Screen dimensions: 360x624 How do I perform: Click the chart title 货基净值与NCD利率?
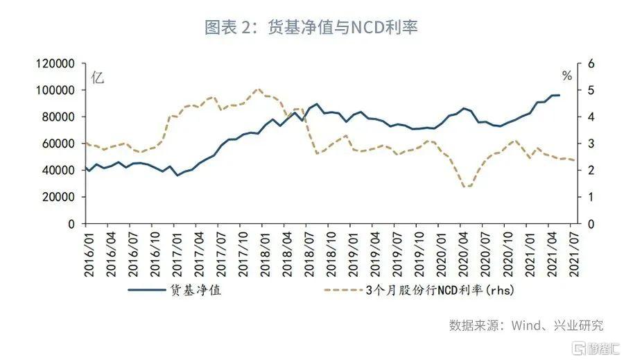[x=311, y=27]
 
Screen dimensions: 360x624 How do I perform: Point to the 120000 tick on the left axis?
[x=55, y=64]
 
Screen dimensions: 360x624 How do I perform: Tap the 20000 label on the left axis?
[x=58, y=197]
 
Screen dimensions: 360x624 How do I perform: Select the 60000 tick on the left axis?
[x=58, y=144]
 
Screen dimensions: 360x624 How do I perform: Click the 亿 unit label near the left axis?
[x=98, y=78]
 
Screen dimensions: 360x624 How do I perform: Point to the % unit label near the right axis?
[x=567, y=76]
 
